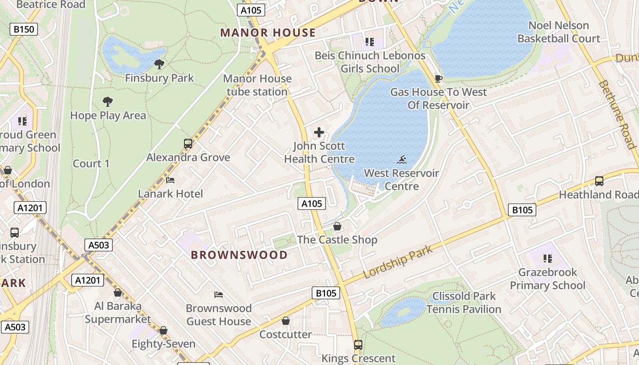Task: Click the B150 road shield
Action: (x=24, y=30)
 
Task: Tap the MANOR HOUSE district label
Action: (x=268, y=33)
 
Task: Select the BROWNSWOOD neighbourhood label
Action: (x=239, y=255)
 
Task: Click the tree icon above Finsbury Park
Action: (x=159, y=64)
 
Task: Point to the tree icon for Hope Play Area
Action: (x=108, y=101)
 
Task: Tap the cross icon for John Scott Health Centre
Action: (x=319, y=133)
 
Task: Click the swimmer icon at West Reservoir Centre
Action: (x=402, y=160)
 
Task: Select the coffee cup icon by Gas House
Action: (x=439, y=78)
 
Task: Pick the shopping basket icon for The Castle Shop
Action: (x=337, y=226)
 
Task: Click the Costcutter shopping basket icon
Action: (x=286, y=321)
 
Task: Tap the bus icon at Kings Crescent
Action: (x=358, y=345)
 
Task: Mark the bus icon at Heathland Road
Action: (x=599, y=181)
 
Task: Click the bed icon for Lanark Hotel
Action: (x=170, y=180)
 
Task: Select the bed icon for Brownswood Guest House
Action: (x=219, y=295)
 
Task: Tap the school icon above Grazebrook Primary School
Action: (x=548, y=259)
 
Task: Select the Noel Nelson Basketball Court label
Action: (x=559, y=32)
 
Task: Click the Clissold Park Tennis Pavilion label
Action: (x=464, y=302)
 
